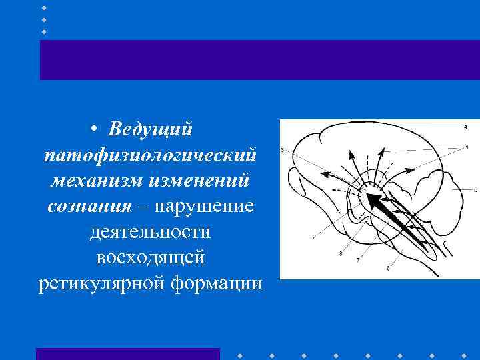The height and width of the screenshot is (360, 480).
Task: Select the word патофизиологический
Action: pyautogui.click(x=149, y=155)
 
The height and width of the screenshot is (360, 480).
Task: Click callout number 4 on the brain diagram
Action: pyautogui.click(x=465, y=127)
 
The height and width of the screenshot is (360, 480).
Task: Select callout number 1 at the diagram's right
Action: pyautogui.click(x=466, y=146)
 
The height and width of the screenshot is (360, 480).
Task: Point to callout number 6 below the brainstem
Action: pyautogui.click(x=387, y=268)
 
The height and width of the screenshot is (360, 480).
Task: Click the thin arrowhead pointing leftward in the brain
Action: pyautogui.click(x=326, y=173)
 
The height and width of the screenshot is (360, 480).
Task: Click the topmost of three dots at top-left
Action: pyautogui.click(x=44, y=8)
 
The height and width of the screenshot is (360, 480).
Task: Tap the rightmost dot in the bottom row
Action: pyautogui.click(x=464, y=355)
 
